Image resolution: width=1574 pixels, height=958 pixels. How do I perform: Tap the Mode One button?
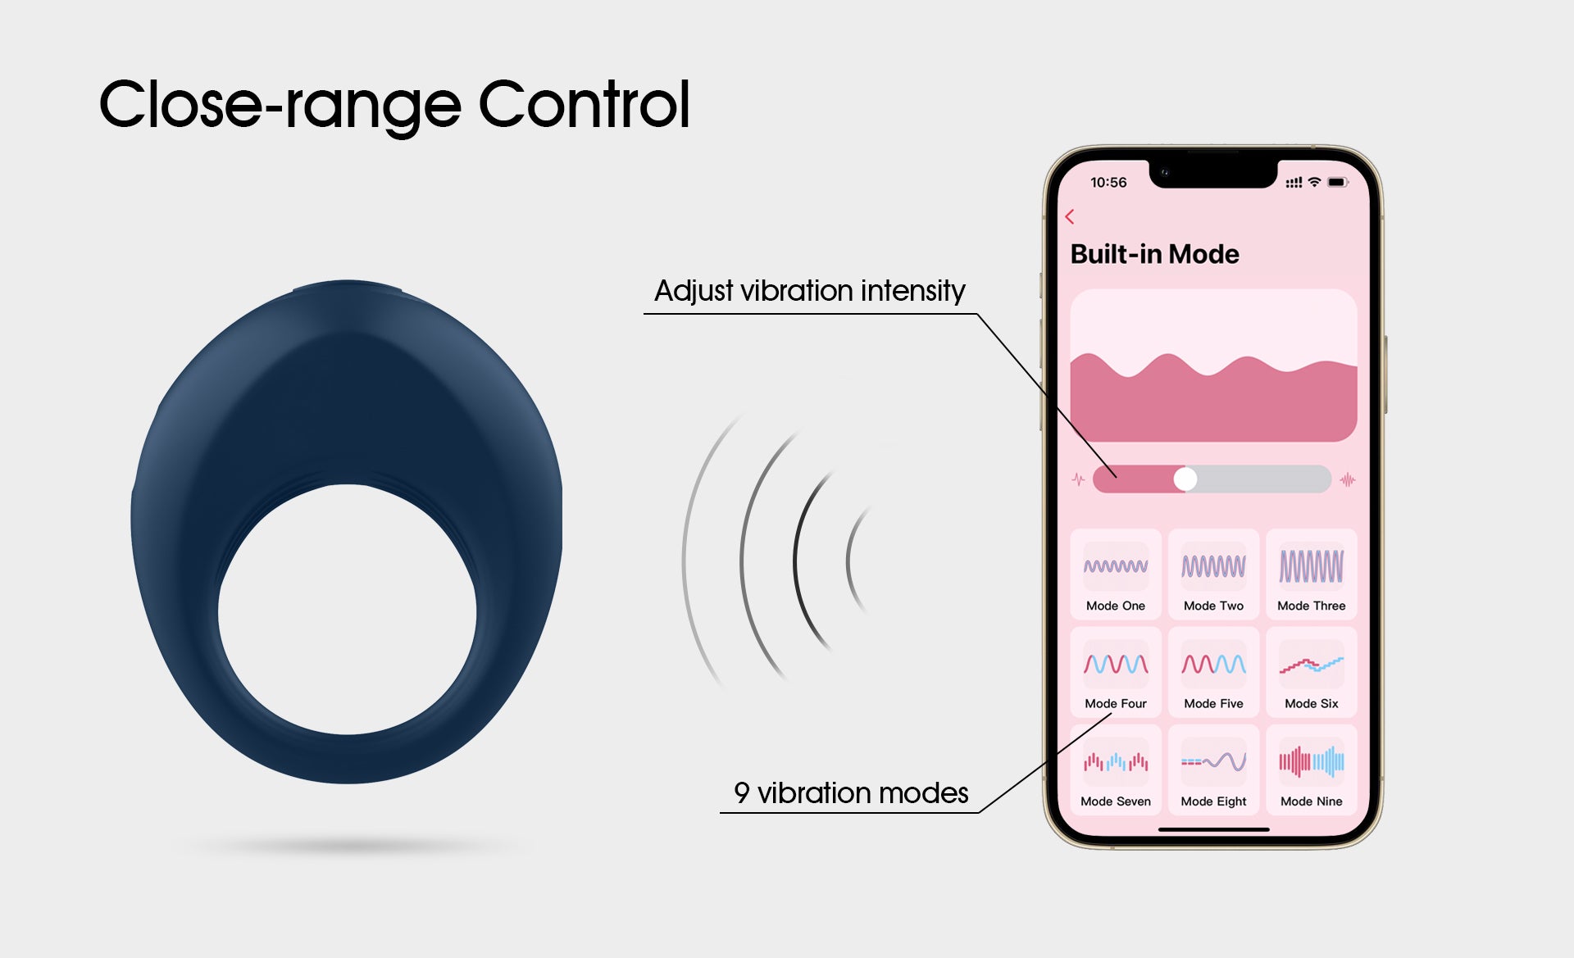1116,574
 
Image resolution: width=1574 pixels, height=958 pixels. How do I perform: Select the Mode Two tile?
1213,574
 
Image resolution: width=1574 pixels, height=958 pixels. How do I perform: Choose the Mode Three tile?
1312,574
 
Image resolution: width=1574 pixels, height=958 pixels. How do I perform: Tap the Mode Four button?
1116,672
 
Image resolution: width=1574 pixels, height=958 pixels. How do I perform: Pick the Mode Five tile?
1213,672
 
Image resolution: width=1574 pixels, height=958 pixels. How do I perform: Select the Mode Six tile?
1312,672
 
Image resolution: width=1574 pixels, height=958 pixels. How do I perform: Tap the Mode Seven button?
1116,770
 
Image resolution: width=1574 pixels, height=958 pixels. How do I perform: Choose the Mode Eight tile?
1213,770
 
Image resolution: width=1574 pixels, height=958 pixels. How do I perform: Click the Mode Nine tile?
1312,770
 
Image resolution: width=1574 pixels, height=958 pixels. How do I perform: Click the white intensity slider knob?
1185,479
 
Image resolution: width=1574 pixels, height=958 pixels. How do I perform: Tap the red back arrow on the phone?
1069,216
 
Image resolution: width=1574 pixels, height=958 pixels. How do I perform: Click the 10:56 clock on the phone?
1108,182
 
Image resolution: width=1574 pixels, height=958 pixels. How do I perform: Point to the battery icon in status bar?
1338,182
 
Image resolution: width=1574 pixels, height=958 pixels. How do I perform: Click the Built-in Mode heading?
1154,254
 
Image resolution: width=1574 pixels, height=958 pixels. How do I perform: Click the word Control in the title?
584,104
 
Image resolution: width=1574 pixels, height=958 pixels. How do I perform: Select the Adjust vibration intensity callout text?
810,291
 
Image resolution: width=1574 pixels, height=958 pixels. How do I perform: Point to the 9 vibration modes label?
851,793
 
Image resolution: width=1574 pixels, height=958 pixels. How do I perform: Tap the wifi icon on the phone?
1314,182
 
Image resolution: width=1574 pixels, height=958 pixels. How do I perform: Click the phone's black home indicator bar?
1213,829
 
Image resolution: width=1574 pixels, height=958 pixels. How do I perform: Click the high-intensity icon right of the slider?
1348,479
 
